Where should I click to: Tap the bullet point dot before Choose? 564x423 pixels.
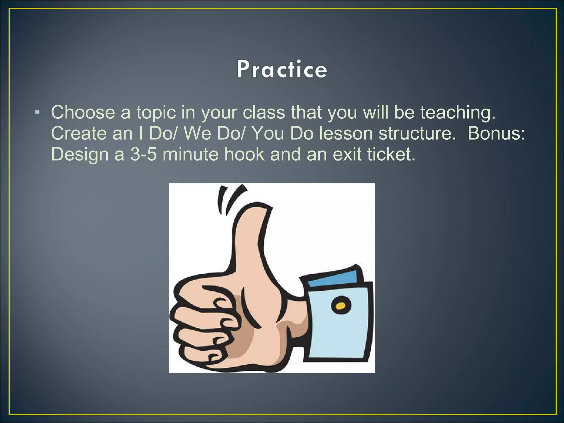38,113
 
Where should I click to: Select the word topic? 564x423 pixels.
156,113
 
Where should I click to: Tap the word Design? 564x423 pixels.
80,155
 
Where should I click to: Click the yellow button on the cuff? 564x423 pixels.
340,305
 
